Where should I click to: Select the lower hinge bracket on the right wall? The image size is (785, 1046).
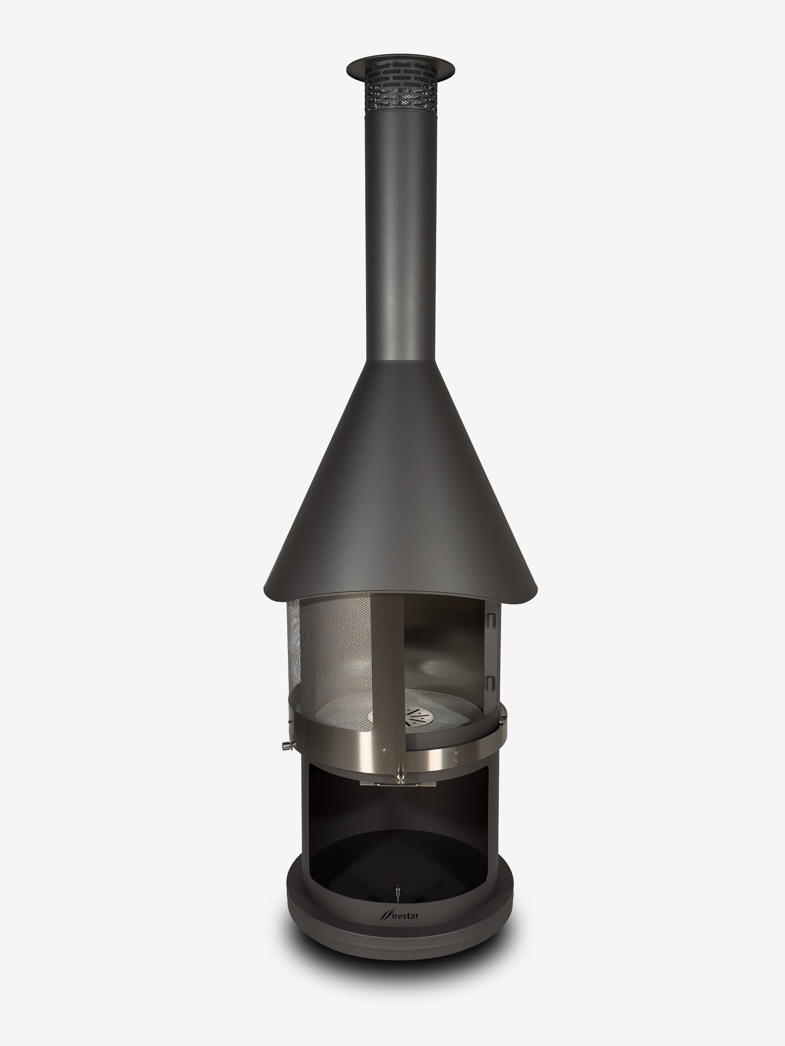point(492,683)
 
